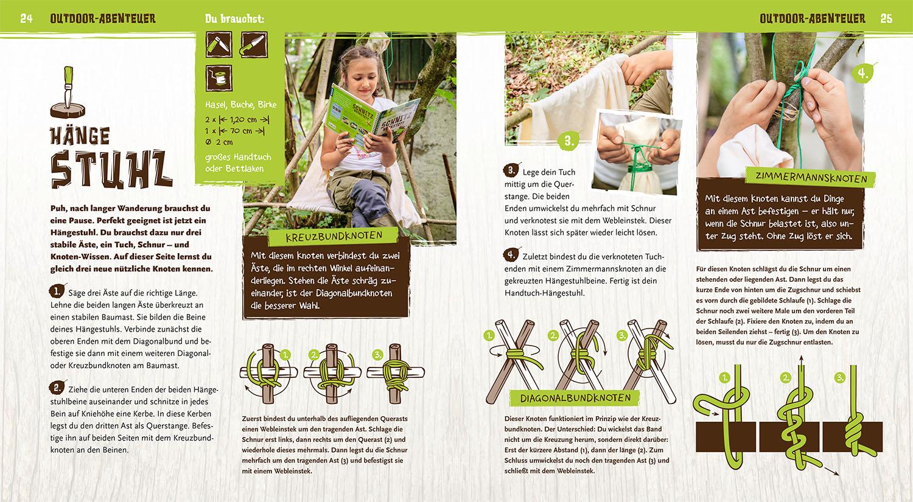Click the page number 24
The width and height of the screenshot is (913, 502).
(27, 18)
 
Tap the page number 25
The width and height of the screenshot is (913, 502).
(886, 18)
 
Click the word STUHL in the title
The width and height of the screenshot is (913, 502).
(111, 169)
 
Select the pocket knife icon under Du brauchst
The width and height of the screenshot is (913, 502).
(219, 44)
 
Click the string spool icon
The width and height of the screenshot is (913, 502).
(219, 78)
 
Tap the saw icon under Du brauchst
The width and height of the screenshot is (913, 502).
(254, 44)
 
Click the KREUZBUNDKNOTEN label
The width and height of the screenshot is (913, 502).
(334, 237)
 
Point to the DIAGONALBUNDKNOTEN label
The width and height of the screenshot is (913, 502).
(575, 398)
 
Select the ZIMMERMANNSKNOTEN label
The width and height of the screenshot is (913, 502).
(811, 178)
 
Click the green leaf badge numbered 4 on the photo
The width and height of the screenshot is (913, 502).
(862, 74)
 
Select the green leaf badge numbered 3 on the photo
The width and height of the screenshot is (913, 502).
(569, 141)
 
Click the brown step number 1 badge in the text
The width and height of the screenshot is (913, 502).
(57, 291)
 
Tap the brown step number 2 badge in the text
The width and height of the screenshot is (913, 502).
(57, 387)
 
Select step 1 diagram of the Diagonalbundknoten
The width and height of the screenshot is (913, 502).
(514, 361)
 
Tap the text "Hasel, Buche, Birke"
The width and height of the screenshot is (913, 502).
(241, 105)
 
